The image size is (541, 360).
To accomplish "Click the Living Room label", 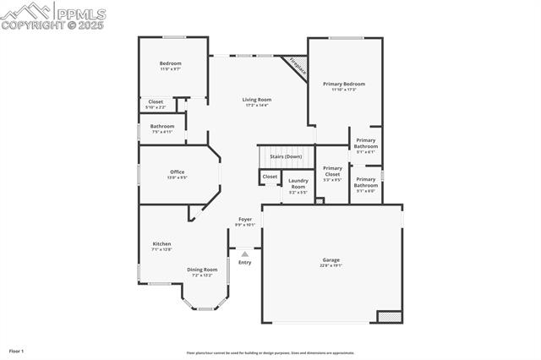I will click(x=256, y=100).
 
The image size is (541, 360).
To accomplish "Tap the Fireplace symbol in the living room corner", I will click(x=296, y=67).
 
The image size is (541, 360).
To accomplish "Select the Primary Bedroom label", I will click(x=344, y=84).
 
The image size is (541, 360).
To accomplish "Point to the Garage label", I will click(x=331, y=259).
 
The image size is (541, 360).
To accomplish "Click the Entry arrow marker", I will click(x=245, y=253).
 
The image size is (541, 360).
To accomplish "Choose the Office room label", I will click(x=177, y=172).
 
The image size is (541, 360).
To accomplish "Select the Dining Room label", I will click(x=202, y=270).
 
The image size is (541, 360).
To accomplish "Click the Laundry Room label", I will click(x=298, y=183).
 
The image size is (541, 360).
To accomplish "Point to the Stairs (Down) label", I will click(x=286, y=156).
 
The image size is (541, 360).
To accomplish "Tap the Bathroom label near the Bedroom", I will click(x=162, y=126).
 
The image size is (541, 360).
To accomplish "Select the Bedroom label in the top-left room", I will click(x=171, y=63).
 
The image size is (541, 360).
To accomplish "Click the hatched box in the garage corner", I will click(x=389, y=316).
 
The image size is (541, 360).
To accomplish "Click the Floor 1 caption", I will click(x=17, y=350).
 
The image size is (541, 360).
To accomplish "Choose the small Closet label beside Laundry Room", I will click(x=270, y=177).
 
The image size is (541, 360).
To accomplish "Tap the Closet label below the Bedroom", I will click(x=156, y=102).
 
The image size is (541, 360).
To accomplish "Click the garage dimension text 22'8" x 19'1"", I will click(x=331, y=265).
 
